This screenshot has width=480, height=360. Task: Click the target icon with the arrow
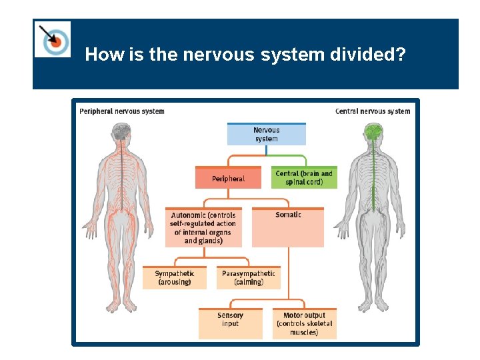(x=53, y=39)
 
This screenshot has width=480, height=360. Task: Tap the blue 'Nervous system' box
(x=266, y=134)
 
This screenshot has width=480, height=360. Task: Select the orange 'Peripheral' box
(x=228, y=178)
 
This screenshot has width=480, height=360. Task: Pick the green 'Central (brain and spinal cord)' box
(x=303, y=177)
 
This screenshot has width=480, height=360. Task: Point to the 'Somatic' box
(x=288, y=227)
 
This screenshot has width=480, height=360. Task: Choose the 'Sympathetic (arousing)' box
(x=174, y=277)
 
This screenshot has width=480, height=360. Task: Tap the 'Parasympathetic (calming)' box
(x=248, y=277)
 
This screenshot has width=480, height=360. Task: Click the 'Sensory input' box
(x=230, y=323)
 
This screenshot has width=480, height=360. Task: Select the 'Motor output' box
(x=304, y=323)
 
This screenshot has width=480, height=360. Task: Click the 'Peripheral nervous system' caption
(x=121, y=111)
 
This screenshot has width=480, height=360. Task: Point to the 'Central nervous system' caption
(x=373, y=111)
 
